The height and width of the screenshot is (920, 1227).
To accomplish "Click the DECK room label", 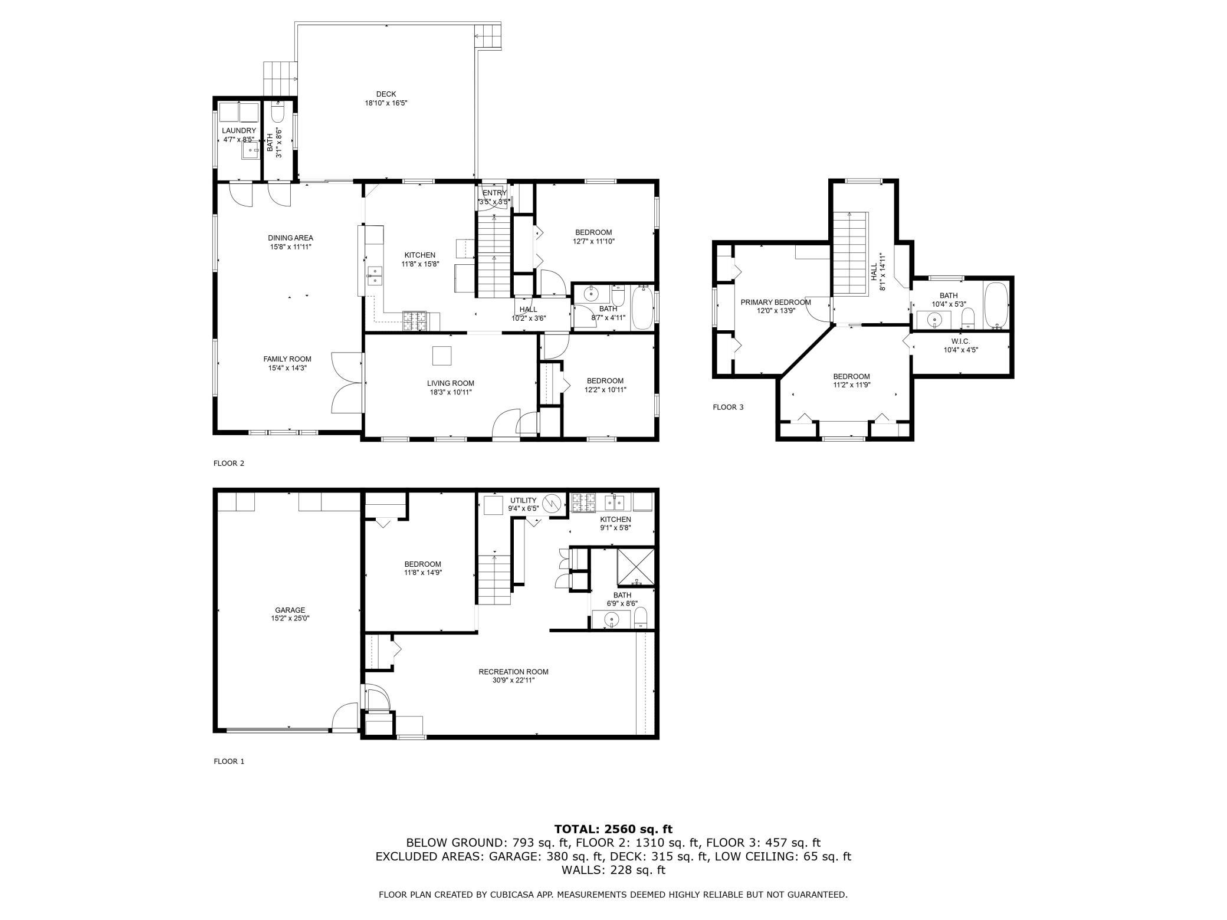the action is tap(386, 94).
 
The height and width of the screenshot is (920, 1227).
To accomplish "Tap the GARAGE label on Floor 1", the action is tap(290, 610).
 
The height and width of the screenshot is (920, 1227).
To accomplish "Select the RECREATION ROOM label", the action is tap(513, 672).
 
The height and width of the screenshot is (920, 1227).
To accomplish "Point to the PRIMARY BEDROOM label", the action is tap(776, 303).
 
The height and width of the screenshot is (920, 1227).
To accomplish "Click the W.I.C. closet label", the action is tap(960, 341).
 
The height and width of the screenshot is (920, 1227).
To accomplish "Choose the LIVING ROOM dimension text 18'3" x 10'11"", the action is tap(451, 392).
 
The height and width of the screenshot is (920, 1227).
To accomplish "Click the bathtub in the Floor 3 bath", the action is tap(996, 305).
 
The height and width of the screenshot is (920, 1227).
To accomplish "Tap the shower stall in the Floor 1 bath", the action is tap(635, 569).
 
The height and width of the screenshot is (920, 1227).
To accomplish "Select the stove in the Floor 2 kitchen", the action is tap(416, 320).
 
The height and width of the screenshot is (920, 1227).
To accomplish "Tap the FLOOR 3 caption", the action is tap(728, 407).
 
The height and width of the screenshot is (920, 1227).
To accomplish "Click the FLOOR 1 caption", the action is tap(229, 761).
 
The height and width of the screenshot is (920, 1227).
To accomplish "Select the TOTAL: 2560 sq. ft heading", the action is tap(613, 829).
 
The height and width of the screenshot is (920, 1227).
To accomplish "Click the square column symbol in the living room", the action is tap(442, 356).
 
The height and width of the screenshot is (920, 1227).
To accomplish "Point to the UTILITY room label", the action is tap(523, 501).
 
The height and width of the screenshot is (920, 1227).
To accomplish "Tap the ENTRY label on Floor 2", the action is tap(494, 193).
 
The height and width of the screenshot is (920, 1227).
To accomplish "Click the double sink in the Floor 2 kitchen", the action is tap(374, 276).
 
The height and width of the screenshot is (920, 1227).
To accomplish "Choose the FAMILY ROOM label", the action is tap(287, 359).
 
